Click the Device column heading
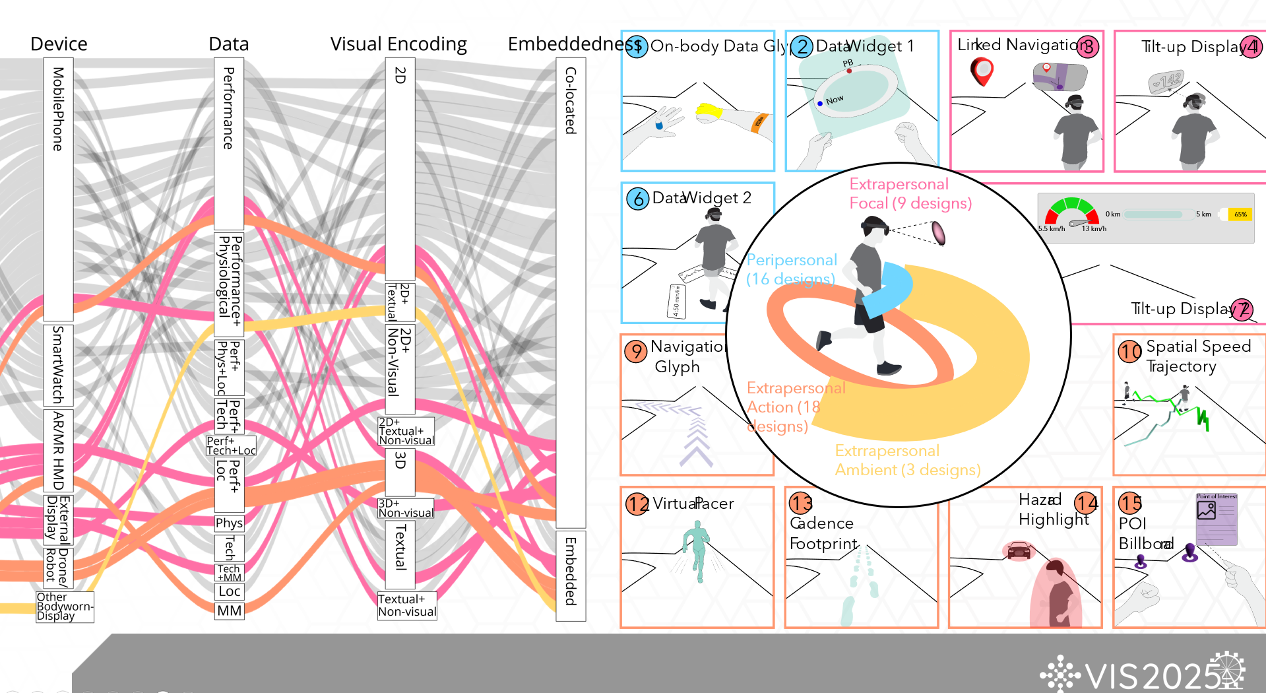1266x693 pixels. click(59, 44)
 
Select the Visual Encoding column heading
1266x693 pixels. click(398, 44)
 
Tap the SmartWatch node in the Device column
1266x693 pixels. click(58, 364)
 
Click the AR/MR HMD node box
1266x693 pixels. click(58, 451)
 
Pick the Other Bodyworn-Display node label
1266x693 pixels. click(65, 606)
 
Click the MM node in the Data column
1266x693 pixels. click(229, 610)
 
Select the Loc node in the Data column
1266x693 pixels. click(229, 591)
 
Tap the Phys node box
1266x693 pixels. click(229, 523)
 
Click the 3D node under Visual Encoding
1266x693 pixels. click(400, 471)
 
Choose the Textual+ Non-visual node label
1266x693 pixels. click(406, 605)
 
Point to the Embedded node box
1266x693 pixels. click(571, 574)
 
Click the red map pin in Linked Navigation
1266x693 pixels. click(982, 71)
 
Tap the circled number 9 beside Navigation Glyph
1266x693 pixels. click(635, 351)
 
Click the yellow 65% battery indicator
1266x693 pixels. click(1240, 214)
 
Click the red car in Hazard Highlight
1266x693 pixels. click(1019, 550)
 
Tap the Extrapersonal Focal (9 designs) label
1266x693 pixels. click(910, 193)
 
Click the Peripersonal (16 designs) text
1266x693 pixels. click(791, 269)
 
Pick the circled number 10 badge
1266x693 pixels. click(1129, 351)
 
